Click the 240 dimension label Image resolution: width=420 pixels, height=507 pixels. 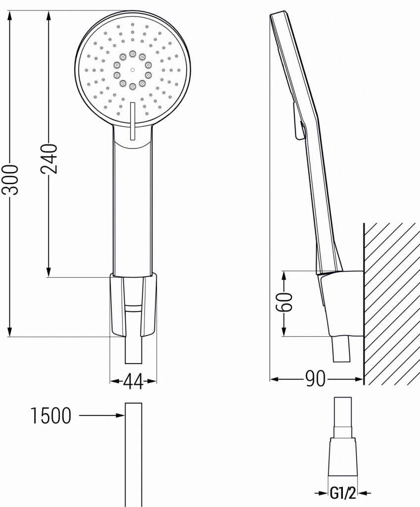tap(49, 158)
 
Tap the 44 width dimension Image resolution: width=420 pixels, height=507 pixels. tap(133, 381)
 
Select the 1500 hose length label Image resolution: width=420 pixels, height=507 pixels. tap(51, 416)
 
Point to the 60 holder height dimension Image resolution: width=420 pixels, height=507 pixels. tap(285, 302)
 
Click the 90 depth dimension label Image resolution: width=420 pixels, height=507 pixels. tap(315, 379)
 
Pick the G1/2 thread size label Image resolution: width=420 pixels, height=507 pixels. tap(343, 493)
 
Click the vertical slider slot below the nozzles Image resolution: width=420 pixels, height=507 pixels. tap(132, 122)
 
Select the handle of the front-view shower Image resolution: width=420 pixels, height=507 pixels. tap(132, 208)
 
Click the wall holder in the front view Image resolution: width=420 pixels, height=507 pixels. tap(133, 304)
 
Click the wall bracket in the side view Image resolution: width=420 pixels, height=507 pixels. tap(341, 302)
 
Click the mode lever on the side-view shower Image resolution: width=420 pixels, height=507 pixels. tap(297, 121)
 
